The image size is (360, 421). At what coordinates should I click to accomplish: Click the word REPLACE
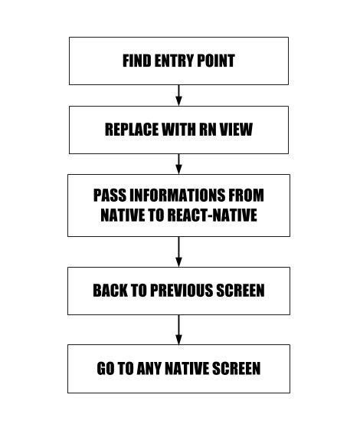tap(132, 130)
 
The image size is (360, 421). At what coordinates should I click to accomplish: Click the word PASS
tap(110, 196)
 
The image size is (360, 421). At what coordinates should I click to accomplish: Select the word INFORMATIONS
tap(177, 196)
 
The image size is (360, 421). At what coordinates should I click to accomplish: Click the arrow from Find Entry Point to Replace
tap(179, 95)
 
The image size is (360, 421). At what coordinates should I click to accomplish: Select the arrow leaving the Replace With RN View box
tap(179, 164)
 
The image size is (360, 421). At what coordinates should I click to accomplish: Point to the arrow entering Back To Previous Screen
tap(179, 252)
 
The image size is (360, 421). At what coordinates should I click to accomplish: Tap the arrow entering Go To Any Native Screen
tap(179, 330)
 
